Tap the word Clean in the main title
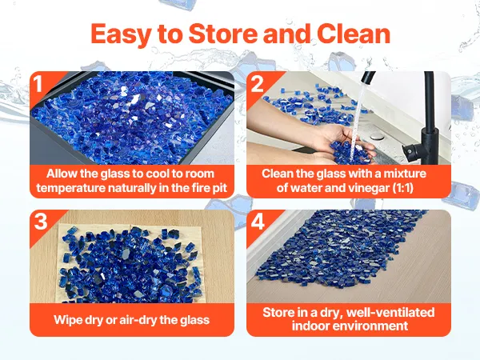click(354, 34)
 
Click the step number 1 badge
click(38, 83)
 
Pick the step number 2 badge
click(257, 83)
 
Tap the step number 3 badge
click(41, 221)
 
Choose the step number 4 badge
click(258, 221)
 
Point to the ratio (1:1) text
click(403, 187)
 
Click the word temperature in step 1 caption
click(70, 188)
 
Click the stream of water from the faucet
click(358, 119)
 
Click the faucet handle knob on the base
click(410, 150)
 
